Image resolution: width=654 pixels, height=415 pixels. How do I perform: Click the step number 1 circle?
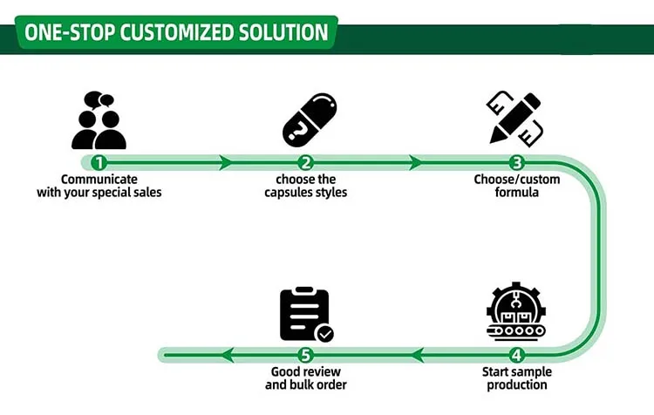[x=99, y=162]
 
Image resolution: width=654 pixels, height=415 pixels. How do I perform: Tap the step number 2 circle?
[x=305, y=162]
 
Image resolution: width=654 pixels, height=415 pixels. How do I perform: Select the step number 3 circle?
[x=517, y=162]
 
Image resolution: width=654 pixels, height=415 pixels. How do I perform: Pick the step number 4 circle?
[x=517, y=355]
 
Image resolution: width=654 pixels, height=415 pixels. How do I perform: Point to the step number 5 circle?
[x=305, y=355]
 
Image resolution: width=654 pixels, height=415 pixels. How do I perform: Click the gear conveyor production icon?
[x=516, y=310]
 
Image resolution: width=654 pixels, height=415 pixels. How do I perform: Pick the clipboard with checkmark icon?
[x=305, y=315]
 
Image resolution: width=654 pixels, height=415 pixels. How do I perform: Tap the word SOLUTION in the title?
[x=283, y=34]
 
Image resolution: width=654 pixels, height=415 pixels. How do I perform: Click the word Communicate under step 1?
[x=99, y=180]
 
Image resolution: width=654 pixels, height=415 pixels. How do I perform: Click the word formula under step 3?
[x=517, y=192]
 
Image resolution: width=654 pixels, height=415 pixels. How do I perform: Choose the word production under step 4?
[x=517, y=384]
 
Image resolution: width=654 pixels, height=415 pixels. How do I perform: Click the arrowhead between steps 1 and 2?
[x=227, y=162]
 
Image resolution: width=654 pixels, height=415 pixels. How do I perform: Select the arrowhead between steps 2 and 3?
[x=416, y=162]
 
